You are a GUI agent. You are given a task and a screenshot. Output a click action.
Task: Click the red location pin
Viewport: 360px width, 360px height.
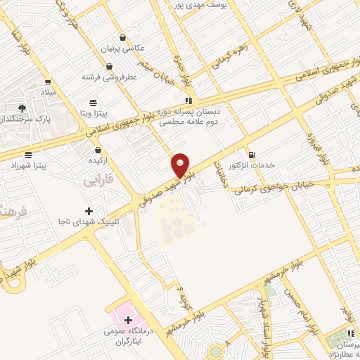[181, 165]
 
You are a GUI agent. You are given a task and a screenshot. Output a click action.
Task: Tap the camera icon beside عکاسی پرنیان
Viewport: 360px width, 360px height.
[124, 38]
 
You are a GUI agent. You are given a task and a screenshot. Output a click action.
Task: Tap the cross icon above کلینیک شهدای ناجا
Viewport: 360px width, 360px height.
[88, 211]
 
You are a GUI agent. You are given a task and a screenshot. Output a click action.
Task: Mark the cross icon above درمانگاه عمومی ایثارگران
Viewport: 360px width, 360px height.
[127, 321]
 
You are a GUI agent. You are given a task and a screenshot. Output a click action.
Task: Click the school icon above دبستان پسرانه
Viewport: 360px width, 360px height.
[186, 101]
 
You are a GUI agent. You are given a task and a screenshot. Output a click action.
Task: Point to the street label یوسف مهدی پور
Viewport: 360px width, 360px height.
[201, 4]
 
